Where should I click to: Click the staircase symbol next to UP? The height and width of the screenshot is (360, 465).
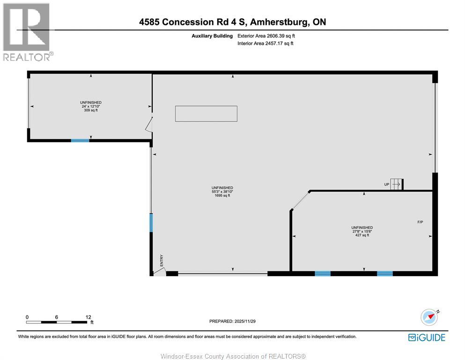[397, 184]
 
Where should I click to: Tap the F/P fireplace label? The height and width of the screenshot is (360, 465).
[420, 222]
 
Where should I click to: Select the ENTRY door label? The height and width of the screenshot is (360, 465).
[162, 261]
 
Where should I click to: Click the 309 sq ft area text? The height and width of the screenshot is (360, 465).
[91, 110]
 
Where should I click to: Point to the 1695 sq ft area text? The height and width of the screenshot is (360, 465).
[222, 195]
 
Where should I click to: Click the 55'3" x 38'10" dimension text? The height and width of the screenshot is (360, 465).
[222, 192]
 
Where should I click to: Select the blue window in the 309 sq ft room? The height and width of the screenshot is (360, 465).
[80, 140]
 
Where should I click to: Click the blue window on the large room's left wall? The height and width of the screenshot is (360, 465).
[151, 223]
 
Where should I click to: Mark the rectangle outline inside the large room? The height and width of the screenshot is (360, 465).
[206, 113]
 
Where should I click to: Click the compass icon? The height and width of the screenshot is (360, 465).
[429, 318]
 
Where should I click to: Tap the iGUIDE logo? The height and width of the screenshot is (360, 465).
[427, 337]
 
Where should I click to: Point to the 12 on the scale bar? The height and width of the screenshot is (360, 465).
[89, 317]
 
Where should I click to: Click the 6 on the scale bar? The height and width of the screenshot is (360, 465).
[56, 317]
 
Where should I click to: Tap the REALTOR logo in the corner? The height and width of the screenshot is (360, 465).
[27, 32]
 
